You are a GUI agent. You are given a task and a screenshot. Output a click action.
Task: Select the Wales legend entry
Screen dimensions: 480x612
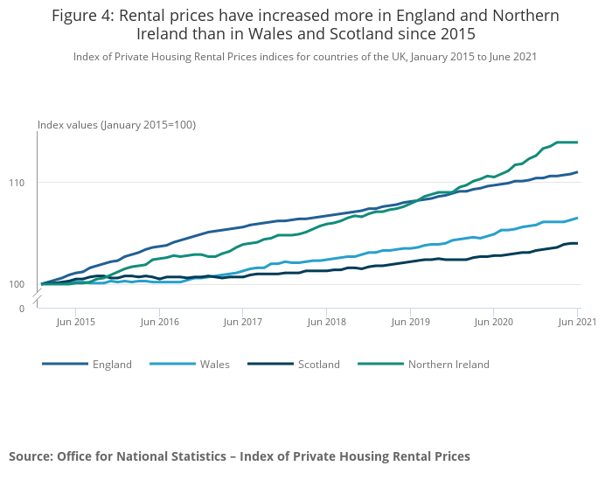[x=215, y=365]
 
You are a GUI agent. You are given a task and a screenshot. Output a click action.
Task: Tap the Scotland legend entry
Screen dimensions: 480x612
[x=318, y=365]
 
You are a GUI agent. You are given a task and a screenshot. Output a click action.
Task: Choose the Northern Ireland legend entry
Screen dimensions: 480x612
[x=449, y=365]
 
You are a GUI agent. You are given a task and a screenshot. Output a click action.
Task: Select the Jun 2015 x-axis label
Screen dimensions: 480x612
[x=75, y=322]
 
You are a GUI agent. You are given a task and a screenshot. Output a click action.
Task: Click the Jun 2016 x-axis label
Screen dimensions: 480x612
[x=159, y=322]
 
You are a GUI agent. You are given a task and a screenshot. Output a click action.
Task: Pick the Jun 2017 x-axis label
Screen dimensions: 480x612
[x=242, y=322]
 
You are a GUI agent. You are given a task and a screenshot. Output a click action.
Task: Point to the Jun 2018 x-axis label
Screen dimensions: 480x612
[x=326, y=322]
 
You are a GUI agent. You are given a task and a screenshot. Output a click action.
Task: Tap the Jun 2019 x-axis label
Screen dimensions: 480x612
[x=409, y=322]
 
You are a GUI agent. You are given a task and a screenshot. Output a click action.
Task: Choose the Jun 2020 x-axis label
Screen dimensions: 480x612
[x=493, y=322]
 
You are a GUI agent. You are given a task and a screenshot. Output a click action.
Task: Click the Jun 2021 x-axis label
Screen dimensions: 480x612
[x=575, y=322]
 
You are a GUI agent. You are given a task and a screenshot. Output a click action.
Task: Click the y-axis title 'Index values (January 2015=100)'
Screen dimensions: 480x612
[x=116, y=125]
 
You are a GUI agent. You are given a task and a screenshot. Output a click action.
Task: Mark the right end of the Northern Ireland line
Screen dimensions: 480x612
[x=577, y=142]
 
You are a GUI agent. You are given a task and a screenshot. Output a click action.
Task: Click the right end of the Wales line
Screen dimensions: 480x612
[x=577, y=218]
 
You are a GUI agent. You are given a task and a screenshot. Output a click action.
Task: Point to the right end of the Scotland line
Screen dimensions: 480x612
[x=577, y=243]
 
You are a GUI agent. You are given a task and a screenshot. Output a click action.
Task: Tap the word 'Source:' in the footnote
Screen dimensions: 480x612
[x=31, y=456]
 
